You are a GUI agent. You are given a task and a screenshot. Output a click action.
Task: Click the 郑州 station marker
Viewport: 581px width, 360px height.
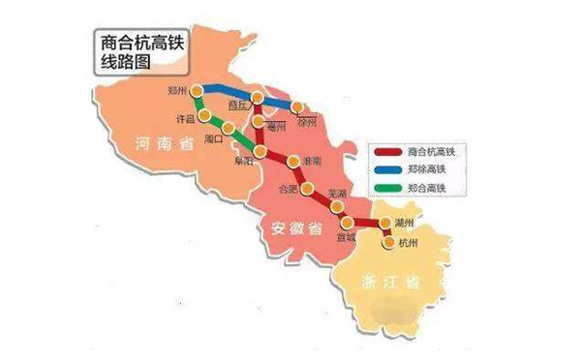point(197,91)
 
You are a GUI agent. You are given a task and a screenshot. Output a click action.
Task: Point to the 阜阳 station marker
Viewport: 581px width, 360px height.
point(262,152)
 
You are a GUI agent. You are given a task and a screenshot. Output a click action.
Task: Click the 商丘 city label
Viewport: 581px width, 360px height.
point(238,103)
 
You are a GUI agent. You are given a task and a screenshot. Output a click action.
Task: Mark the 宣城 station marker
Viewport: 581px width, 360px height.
point(348,222)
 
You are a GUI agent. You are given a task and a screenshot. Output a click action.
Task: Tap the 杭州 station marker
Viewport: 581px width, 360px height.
point(387,243)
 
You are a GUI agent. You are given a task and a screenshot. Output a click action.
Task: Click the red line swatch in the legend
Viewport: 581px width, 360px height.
point(388,153)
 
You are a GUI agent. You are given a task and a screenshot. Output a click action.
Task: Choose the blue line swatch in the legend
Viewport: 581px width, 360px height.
point(388,172)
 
